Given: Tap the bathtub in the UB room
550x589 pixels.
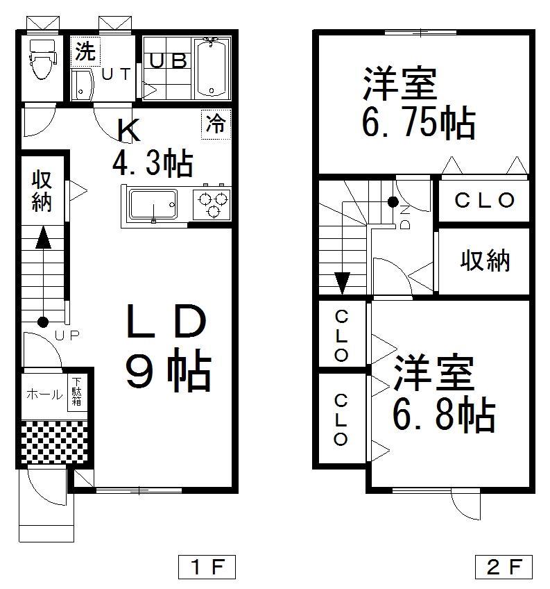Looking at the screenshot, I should click(x=212, y=69).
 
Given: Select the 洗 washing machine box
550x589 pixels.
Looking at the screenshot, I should click(x=85, y=51).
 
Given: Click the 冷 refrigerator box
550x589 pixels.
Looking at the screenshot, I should click(x=215, y=124).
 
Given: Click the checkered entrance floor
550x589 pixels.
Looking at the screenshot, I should click(x=54, y=442).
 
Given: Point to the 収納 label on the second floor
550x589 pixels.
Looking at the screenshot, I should click(x=485, y=260).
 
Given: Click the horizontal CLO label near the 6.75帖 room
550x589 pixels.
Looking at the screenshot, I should click(x=485, y=201).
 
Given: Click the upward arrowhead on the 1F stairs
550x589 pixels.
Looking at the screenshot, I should click(x=43, y=238).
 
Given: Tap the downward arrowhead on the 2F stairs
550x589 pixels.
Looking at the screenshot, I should click(x=342, y=283).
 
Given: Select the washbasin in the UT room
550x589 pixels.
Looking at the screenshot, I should click(x=83, y=85).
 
